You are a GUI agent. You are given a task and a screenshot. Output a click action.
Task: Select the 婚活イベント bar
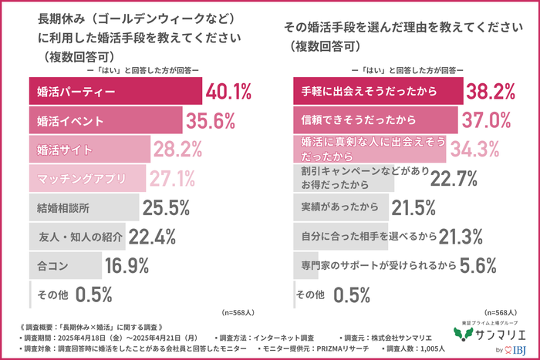click(x=106, y=121)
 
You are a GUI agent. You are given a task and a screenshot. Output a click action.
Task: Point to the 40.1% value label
click(x=229, y=93)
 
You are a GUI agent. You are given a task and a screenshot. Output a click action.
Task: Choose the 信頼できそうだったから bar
click(x=376, y=120)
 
